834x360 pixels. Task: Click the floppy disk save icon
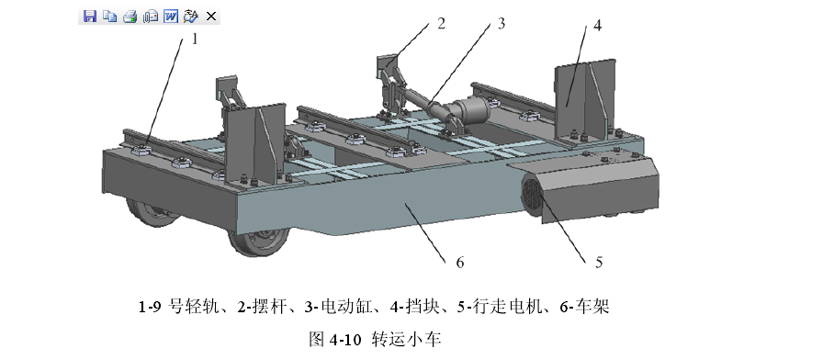90,16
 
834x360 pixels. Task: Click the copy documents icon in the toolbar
110,16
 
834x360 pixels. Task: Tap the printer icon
130,16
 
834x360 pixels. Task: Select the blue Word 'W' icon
171,16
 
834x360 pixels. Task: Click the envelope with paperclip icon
151,16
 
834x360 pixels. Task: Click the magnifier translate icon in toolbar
191,16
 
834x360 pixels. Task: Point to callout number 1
194,39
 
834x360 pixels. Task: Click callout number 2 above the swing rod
441,23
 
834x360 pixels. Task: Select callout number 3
502,25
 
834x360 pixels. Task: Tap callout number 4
597,25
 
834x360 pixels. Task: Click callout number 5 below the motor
598,263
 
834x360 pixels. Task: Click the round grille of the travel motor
531,195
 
